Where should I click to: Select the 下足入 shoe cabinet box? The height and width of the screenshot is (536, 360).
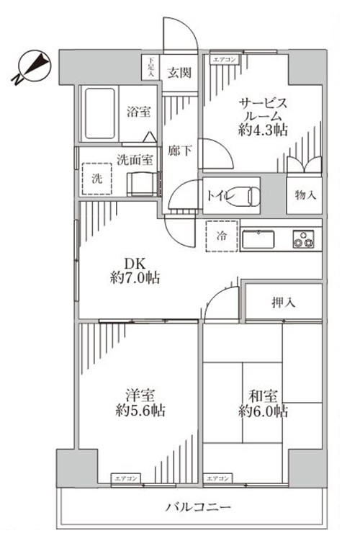click(150, 66)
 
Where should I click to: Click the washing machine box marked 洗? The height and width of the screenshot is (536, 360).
click(97, 179)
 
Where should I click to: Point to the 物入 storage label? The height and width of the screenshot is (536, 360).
click(305, 195)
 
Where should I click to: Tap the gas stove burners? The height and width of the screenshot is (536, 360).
click(305, 239)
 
